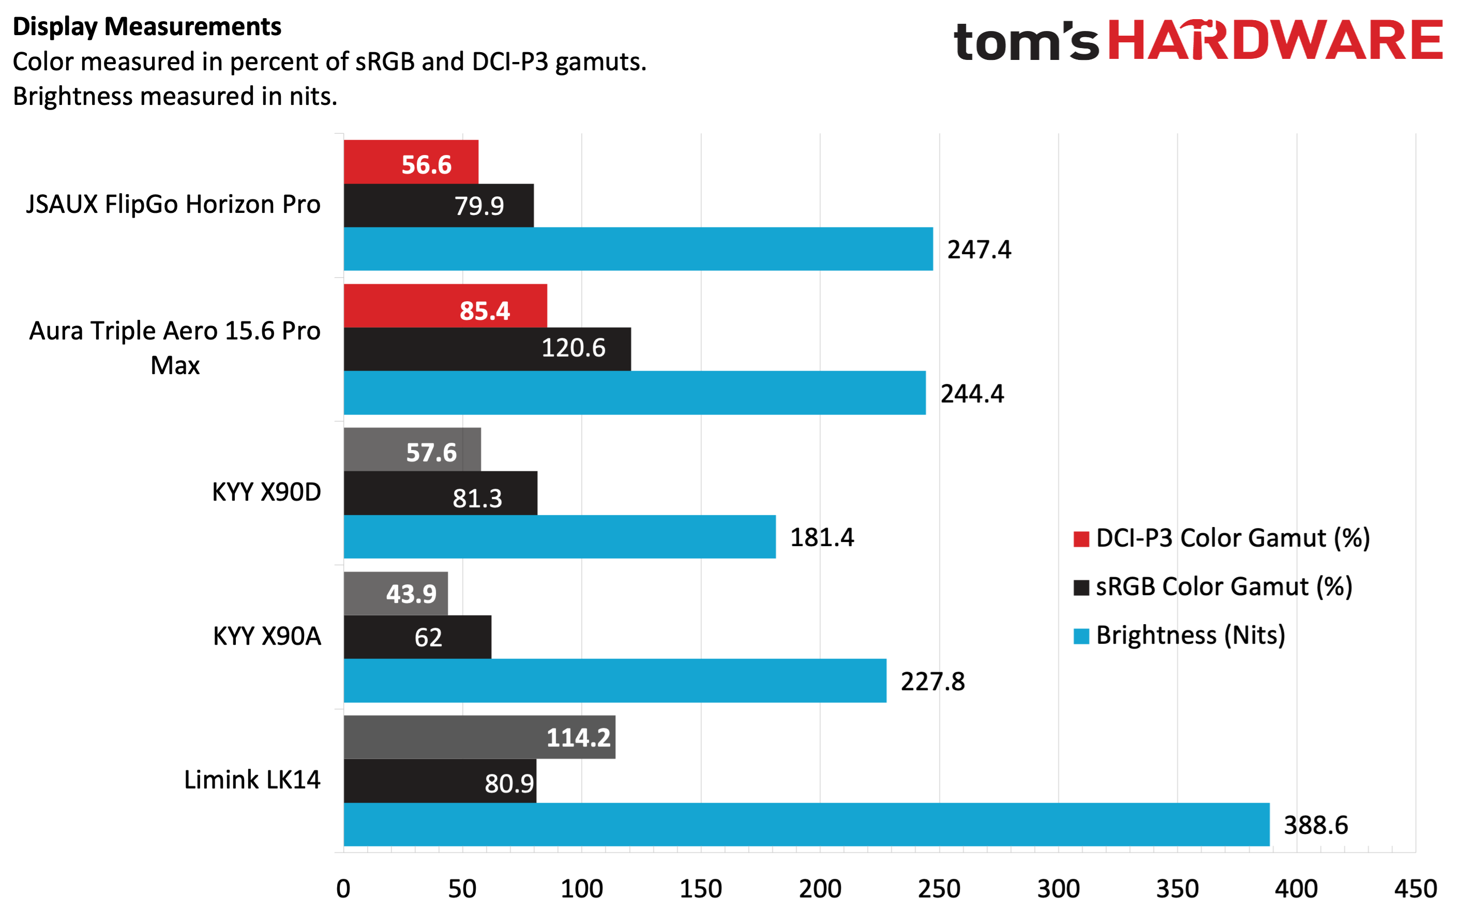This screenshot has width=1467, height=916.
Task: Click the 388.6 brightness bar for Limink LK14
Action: pos(806,825)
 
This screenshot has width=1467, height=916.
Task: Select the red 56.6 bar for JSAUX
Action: pos(411,162)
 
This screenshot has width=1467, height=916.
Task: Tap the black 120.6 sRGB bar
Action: pos(488,349)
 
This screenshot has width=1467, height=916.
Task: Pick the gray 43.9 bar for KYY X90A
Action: pos(396,594)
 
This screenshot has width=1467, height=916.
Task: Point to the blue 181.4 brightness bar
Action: pos(559,537)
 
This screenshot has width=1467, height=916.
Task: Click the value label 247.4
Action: pos(979,250)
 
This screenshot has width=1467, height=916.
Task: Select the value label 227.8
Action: pos(932,681)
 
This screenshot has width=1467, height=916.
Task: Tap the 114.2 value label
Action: pos(578,737)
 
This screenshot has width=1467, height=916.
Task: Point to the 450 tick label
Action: pos(1415,889)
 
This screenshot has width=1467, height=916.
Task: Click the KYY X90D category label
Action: pos(266,492)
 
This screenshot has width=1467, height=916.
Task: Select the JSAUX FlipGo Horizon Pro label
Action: pos(173,205)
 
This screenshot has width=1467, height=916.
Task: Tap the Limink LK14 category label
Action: pos(252,780)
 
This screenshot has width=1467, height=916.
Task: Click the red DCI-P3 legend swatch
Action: pos(1081,538)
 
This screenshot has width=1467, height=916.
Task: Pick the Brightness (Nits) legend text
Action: pos(1190,635)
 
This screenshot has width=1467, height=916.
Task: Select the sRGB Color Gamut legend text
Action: pos(1224,587)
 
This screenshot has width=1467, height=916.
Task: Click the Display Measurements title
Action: pos(147,27)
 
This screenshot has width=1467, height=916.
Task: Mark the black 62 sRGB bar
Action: pos(418,636)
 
